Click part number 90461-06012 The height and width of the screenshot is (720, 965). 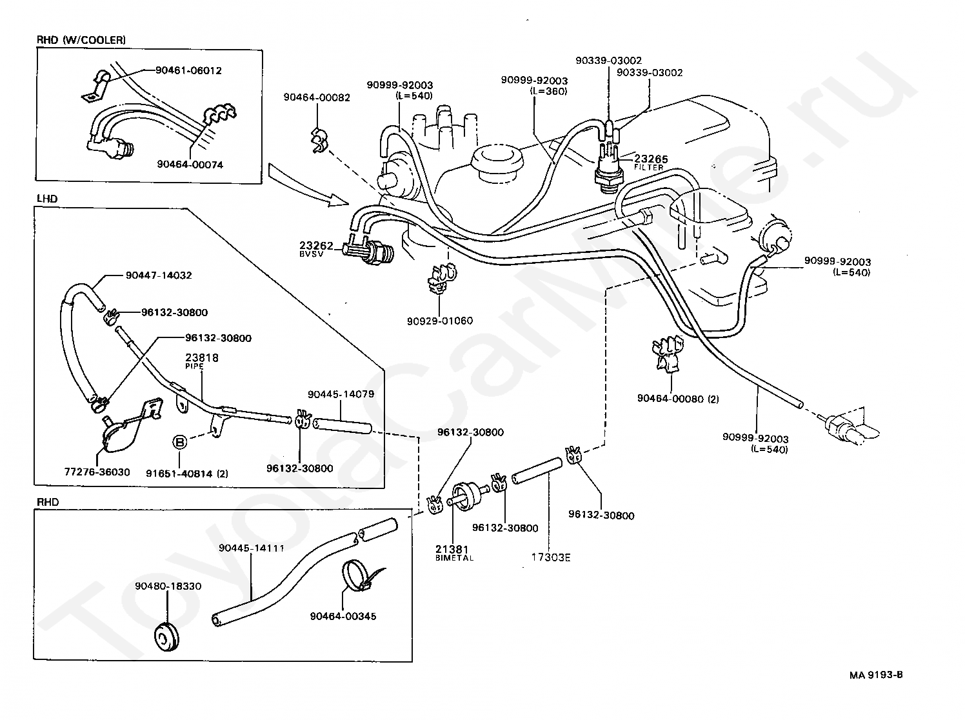point(188,71)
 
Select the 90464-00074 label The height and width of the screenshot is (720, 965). point(190,165)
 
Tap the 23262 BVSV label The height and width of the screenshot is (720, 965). point(316,248)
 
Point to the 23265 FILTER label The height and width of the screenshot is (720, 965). point(651,162)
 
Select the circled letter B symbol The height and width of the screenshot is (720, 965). point(180,442)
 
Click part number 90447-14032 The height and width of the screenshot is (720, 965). point(159,275)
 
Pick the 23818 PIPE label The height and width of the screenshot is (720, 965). point(201,361)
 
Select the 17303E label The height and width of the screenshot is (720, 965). point(550,557)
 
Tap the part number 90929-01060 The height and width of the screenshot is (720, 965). point(440,321)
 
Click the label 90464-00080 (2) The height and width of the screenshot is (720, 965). point(678,399)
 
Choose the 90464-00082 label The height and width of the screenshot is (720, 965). point(317,97)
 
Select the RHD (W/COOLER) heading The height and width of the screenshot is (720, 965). point(81,41)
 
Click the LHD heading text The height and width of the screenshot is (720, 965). point(47,199)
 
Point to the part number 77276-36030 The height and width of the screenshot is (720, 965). point(97,472)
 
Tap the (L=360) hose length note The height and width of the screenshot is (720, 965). point(549,92)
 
